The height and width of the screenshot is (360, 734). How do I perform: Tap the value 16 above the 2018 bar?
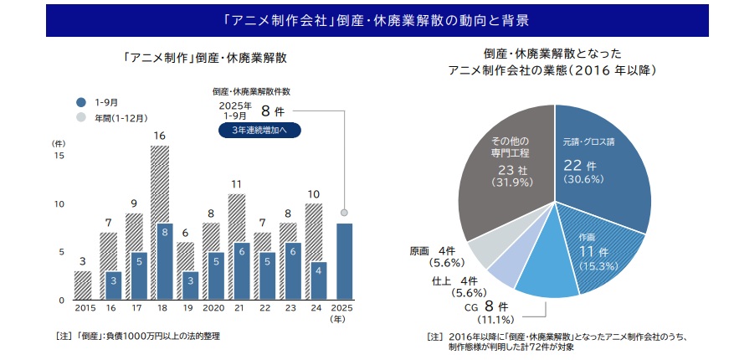coord(159,136)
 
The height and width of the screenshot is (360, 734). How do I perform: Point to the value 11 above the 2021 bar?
coord(237,184)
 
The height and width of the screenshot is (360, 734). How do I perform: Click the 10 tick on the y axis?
coord(59,204)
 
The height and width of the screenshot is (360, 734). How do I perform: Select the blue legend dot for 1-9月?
coord(81,101)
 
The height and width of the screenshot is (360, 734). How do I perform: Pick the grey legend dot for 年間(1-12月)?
coord(81,118)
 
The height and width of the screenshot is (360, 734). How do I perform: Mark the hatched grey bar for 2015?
coord(83,285)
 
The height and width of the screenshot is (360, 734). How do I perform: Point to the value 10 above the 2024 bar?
coord(314,194)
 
